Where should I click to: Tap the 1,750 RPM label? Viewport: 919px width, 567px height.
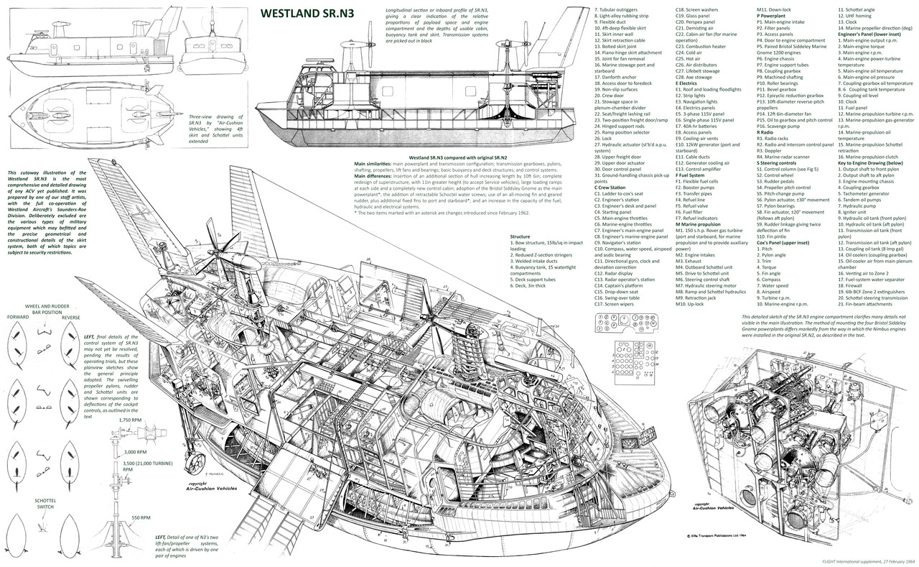coord(135,419)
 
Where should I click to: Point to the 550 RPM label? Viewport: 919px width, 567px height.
coord(140,517)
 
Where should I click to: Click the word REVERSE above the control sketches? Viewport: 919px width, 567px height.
coord(70,316)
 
